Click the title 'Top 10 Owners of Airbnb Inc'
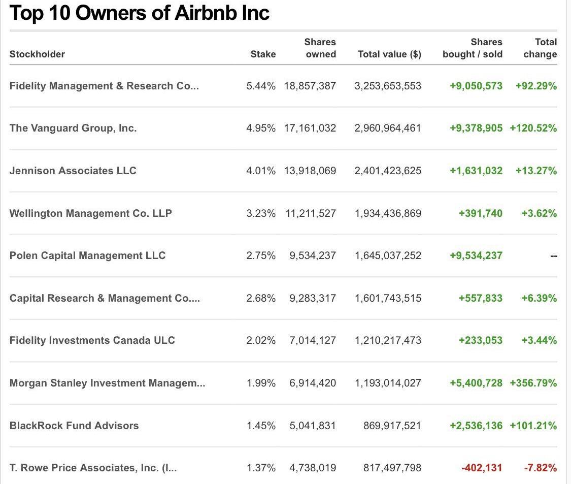(139, 13)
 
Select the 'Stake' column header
(263, 54)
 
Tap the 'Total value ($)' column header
(389, 54)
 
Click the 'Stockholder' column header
(37, 54)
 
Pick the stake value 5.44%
(261, 86)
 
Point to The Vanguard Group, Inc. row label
(73, 128)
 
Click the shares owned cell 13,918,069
(310, 171)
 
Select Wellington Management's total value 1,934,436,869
(388, 213)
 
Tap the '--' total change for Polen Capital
(553, 256)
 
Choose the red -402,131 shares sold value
(482, 468)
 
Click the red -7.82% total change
(540, 468)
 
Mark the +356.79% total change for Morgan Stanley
(533, 383)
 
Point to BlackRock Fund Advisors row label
(74, 426)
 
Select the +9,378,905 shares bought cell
(476, 128)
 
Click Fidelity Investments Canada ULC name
(92, 340)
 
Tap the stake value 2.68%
(261, 298)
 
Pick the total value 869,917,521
(392, 426)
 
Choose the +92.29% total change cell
(536, 86)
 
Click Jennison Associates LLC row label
(73, 171)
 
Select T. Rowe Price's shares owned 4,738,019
(313, 468)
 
